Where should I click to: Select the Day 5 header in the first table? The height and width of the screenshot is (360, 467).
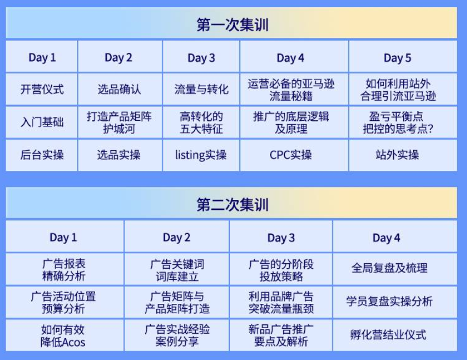pos(397,58)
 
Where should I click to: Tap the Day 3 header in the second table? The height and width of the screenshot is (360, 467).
pos(281,237)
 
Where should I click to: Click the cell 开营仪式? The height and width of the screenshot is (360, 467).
pos(42,89)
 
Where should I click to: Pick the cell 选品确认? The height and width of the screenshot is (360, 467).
pos(119,89)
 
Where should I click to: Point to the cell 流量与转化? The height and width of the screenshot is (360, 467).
pos(201,89)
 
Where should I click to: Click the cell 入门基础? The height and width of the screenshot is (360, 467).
pos(42,122)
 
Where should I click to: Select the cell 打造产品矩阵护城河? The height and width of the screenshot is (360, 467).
pos(119,122)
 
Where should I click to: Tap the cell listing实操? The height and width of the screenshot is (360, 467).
pos(201,155)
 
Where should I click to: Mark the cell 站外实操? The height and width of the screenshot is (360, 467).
pos(397,155)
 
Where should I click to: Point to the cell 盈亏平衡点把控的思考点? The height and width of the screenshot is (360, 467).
pos(397,122)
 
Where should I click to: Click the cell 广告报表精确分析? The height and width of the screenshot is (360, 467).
pos(63,269)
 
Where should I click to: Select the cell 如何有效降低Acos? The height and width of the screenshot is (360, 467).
pos(63,335)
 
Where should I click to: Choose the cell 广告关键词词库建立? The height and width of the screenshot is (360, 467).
pos(177,269)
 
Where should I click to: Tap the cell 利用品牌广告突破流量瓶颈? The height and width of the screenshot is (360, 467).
pos(281,302)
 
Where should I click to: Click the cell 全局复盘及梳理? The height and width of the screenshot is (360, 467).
pos(389,269)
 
